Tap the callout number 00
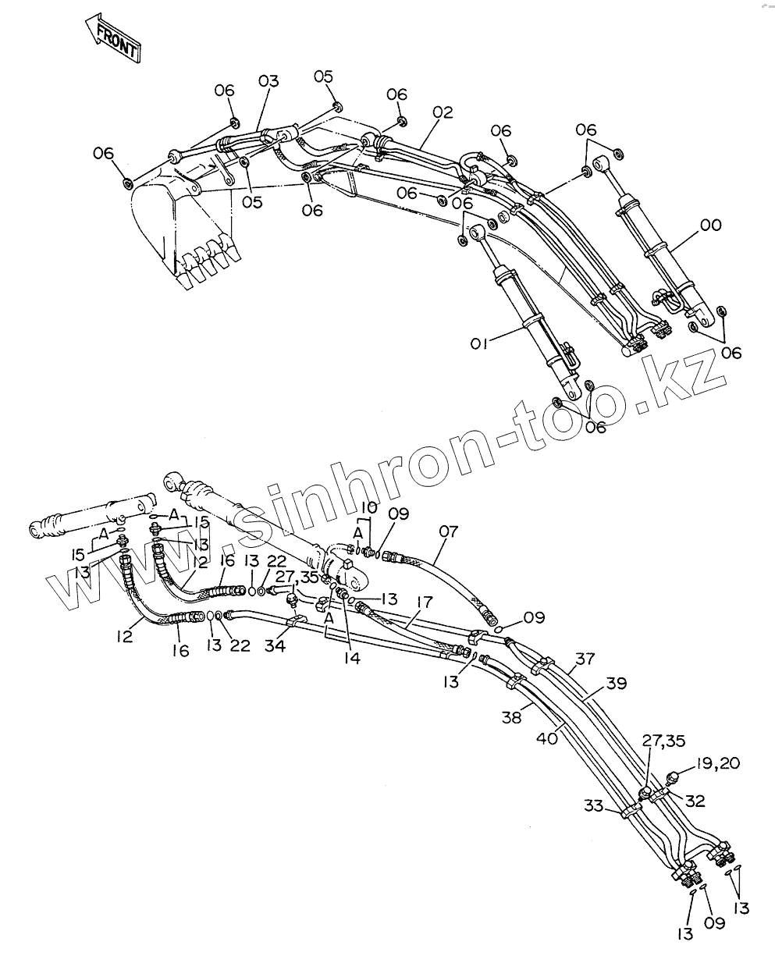(710, 226)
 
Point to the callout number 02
(442, 112)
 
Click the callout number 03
(268, 81)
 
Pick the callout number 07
(448, 532)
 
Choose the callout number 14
(351, 658)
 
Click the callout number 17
(424, 602)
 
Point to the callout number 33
(594, 805)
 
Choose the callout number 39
(616, 684)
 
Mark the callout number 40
(547, 736)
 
